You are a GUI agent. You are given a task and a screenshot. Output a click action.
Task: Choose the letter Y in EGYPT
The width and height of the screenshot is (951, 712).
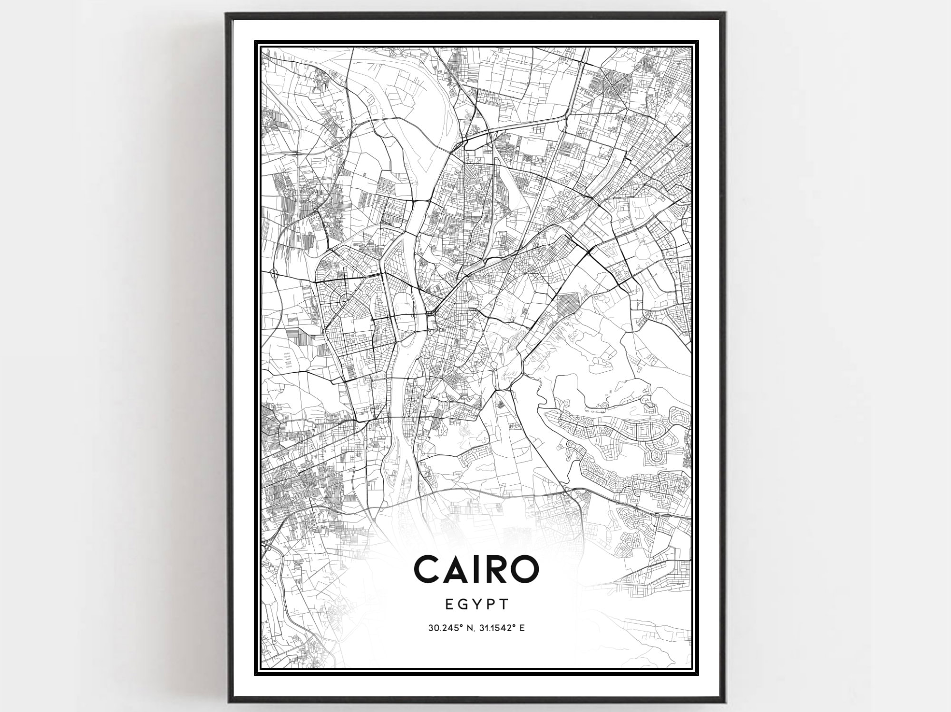point(477,604)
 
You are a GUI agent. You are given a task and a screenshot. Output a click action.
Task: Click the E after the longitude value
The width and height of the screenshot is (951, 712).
point(522,628)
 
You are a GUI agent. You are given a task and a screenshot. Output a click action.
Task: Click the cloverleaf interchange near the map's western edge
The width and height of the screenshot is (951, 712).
point(274,273)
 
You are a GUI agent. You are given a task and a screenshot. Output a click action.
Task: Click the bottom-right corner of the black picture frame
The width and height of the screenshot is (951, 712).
point(724,702)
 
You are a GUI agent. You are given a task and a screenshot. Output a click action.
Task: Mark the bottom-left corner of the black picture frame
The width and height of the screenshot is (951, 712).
point(227,702)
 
